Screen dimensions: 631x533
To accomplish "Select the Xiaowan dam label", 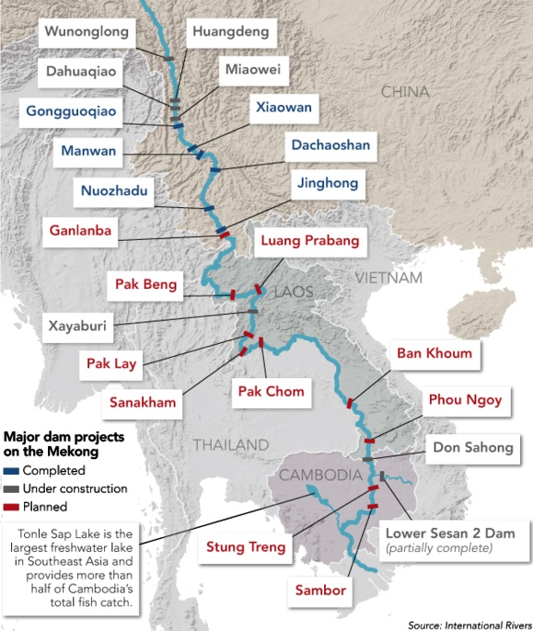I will (x=284, y=109).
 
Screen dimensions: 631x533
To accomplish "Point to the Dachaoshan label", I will (x=330, y=144).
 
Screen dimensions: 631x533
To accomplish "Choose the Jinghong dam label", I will (x=328, y=183).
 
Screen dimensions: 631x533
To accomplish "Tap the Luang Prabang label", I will (x=308, y=243).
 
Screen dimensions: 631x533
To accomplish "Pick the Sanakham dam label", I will (x=142, y=402).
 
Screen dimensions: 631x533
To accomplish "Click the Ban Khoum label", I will (x=435, y=353).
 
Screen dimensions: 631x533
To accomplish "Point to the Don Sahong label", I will (x=473, y=448).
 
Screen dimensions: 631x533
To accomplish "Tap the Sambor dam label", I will (x=321, y=590).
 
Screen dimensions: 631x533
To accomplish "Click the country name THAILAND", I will (x=230, y=445).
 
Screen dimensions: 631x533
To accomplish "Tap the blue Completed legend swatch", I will (x=12, y=472).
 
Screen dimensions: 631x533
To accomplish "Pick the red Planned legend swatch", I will (x=12, y=506).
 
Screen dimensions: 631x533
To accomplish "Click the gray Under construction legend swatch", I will (x=12, y=489).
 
